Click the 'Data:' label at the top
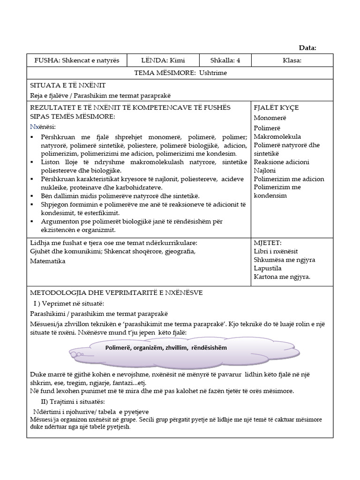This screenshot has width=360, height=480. click(307, 47)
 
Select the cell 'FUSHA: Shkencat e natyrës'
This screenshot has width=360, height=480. click(77, 60)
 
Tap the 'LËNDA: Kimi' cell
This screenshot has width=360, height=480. click(162, 60)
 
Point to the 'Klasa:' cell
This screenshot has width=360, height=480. click(292, 60)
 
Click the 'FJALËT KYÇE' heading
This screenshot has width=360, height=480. click(276, 108)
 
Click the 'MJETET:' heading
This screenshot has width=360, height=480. click(268, 243)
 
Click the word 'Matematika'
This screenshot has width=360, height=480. click(48, 261)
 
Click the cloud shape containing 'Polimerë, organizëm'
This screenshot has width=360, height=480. click(180, 349)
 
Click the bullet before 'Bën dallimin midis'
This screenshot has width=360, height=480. click(32, 196)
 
